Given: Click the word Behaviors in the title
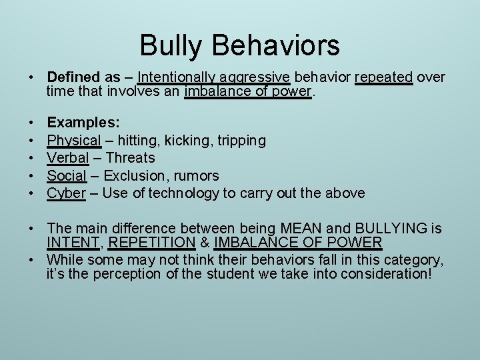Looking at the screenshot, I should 276,46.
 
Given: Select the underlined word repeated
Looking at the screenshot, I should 383,77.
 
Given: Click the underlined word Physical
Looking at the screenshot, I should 74,141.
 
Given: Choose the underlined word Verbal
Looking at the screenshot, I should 68,158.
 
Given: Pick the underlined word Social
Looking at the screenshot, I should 67,175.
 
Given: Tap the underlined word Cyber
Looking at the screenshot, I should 66,193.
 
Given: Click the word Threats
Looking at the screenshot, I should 130,158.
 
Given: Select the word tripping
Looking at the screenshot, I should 239,141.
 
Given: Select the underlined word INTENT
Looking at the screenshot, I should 73,243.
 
